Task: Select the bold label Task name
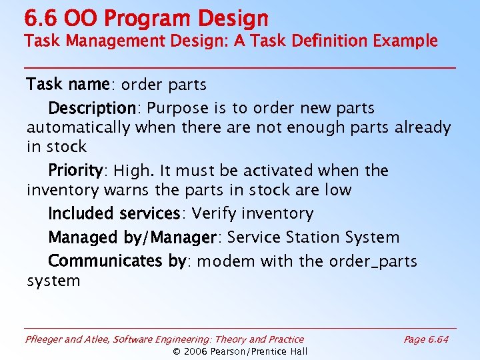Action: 68,85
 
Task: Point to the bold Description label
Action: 92,108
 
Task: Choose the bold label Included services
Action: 114,213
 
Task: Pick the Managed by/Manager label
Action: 133,237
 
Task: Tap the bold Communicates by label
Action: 117,261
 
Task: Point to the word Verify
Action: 214,213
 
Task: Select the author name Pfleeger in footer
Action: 44,339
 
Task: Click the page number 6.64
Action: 437,339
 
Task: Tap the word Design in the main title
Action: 229,18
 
